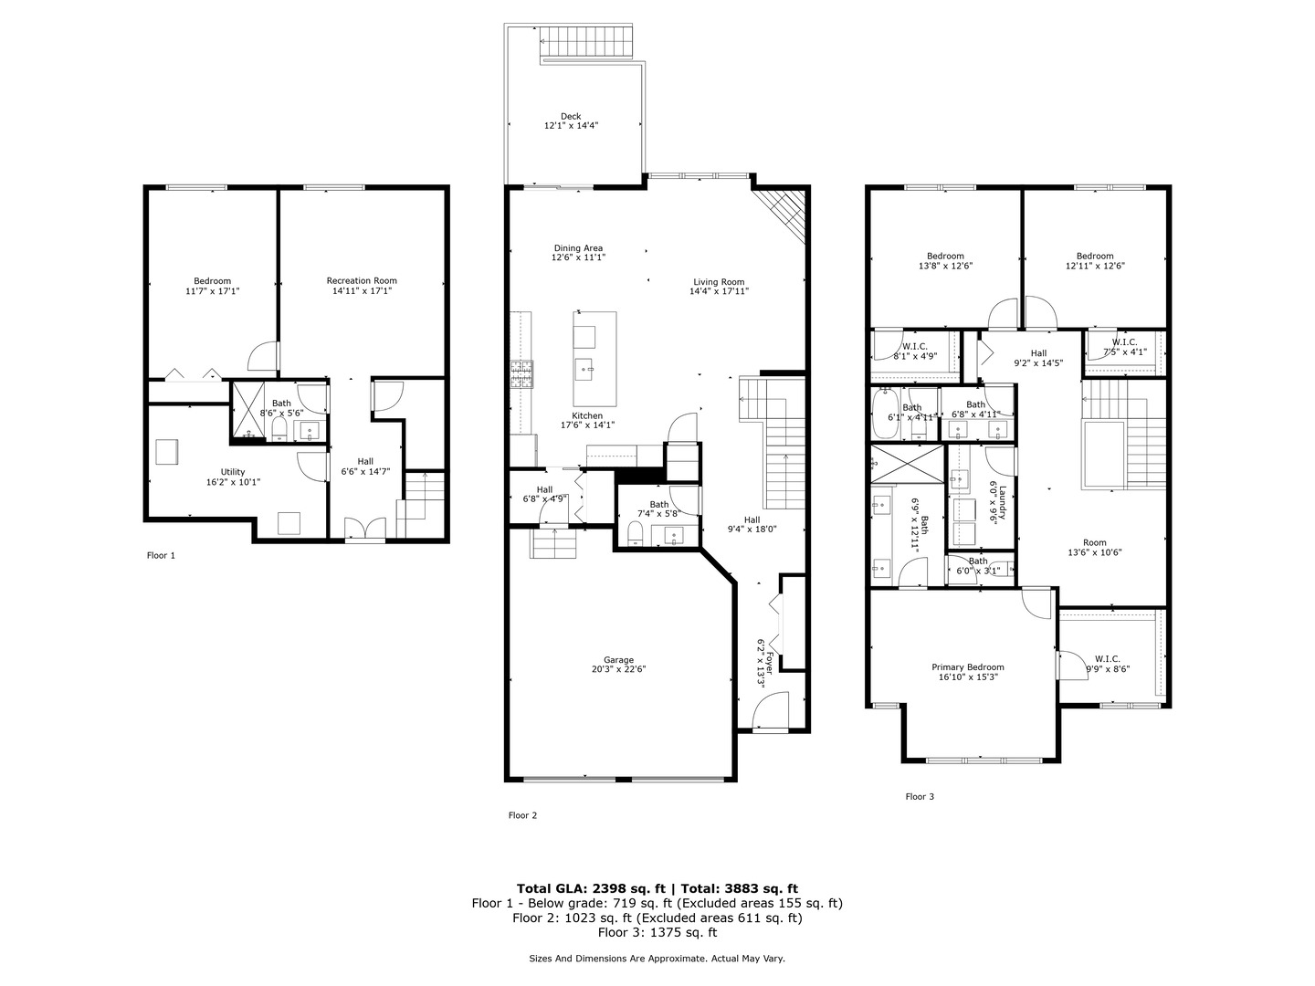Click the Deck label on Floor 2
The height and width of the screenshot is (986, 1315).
[x=571, y=116]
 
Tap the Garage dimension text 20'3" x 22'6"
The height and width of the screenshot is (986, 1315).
[x=618, y=669]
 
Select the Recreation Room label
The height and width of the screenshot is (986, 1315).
[x=362, y=280]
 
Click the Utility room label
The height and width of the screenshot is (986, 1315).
[x=233, y=472]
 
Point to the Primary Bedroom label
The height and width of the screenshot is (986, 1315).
[x=968, y=667]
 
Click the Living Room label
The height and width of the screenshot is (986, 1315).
[x=719, y=282]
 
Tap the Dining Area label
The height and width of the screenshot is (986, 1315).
[x=578, y=248]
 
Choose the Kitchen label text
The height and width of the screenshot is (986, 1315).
[x=587, y=415]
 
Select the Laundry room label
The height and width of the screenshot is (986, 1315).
[x=1002, y=502]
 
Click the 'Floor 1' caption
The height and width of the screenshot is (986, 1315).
[x=161, y=555]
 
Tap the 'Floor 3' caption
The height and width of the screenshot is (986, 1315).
[x=920, y=796]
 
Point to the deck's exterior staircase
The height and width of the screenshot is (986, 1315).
[x=584, y=42]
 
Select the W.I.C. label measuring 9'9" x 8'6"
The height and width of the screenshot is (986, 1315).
[x=1107, y=658]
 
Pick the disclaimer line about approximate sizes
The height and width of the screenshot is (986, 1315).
[x=657, y=959]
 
